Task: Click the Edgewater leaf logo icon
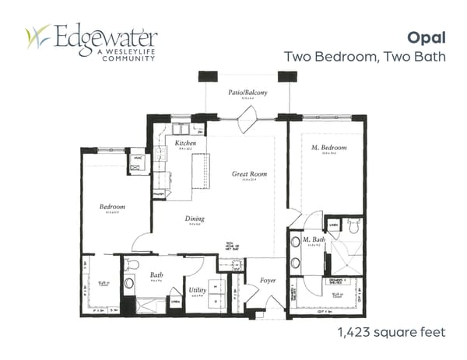click(37, 37)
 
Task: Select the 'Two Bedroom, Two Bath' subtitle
click(365, 56)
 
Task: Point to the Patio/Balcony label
click(248, 93)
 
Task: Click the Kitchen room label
click(184, 144)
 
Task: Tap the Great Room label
click(249, 174)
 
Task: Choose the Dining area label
click(195, 218)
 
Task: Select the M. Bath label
click(314, 239)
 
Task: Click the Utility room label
click(198, 290)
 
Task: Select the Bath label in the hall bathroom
click(156, 274)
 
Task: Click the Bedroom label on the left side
click(112, 207)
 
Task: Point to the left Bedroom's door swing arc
click(142, 243)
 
